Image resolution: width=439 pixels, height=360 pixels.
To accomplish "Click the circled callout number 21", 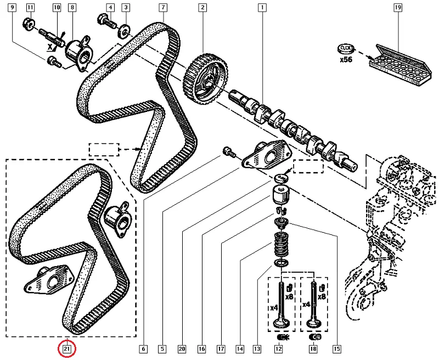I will [x=67, y=348].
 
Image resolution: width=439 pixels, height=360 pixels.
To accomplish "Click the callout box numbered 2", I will [x=203, y=8].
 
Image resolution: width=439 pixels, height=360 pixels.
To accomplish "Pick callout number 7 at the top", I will [x=164, y=8].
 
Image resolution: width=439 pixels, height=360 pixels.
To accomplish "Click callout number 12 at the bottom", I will [x=279, y=348].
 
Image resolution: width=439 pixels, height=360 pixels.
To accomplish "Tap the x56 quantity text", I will [x=346, y=60].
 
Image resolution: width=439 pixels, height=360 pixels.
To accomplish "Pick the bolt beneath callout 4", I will [x=106, y=22].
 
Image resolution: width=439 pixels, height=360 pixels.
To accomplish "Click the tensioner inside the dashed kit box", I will [x=119, y=218].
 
